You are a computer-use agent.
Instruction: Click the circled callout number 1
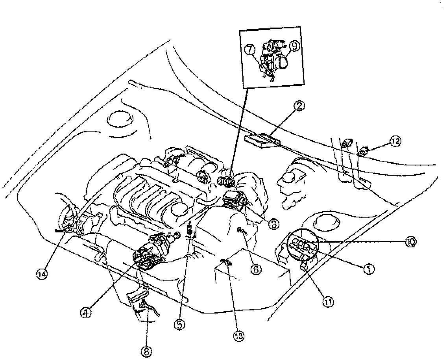[x=368, y=270]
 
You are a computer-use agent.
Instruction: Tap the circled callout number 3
[x=273, y=224]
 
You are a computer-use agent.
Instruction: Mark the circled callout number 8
[x=147, y=351]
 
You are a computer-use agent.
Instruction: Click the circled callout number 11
[x=328, y=302]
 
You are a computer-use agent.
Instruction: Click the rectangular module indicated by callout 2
[x=262, y=140]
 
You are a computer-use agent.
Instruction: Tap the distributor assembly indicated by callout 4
[x=151, y=252]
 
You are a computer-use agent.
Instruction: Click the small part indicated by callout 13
[x=227, y=262]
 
